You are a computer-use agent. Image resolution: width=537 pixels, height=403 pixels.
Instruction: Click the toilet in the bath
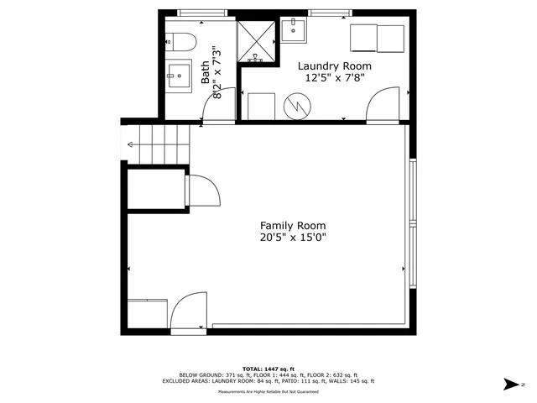(x=180, y=40)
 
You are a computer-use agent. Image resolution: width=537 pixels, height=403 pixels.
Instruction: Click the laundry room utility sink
(x=294, y=31)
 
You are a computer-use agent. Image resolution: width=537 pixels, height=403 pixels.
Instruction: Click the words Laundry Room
(x=336, y=65)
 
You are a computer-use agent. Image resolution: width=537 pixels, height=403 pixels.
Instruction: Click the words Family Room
(x=292, y=225)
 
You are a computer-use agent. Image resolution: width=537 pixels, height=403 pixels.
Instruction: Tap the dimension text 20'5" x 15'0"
(x=292, y=238)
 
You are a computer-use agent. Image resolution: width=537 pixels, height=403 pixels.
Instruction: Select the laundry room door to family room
(x=383, y=107)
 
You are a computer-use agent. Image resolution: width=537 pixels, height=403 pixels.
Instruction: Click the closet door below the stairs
(x=203, y=191)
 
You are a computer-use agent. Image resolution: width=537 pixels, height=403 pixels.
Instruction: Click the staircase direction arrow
(x=131, y=145)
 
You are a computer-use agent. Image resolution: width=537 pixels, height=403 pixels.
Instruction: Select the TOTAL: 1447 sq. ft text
(x=268, y=369)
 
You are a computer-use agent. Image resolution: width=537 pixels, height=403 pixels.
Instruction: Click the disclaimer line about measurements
(x=268, y=392)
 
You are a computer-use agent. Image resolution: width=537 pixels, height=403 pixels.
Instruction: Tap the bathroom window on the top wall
(x=202, y=13)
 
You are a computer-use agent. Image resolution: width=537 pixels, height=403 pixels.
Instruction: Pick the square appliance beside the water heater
(x=262, y=106)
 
